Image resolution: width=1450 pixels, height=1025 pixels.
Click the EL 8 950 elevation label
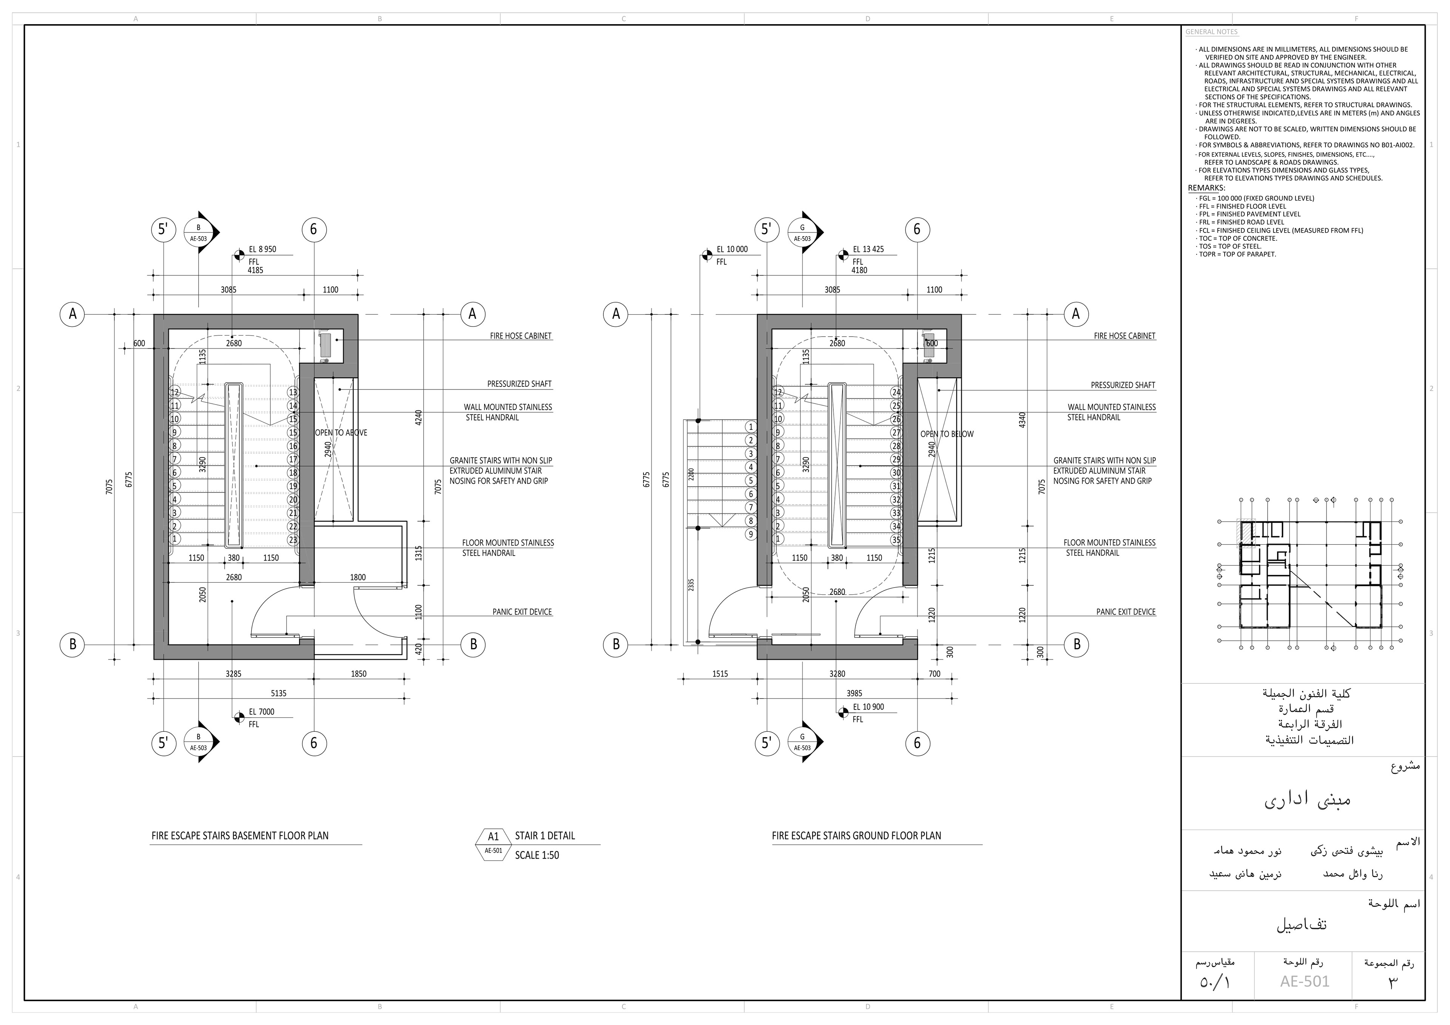coord(262,249)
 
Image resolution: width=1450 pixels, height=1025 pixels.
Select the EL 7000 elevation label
coord(261,712)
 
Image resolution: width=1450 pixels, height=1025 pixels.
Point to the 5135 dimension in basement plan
coord(279,693)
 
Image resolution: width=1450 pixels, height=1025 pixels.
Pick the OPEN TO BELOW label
coord(947,434)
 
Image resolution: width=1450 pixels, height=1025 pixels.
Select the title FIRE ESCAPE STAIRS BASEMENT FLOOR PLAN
coord(240,836)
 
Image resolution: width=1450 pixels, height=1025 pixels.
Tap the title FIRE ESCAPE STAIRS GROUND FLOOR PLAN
coord(856,836)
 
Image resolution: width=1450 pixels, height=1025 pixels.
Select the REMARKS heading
coord(1206,188)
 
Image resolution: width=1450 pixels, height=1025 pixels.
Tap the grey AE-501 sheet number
coord(1305,982)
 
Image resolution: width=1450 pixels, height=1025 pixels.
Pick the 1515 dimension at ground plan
coord(720,674)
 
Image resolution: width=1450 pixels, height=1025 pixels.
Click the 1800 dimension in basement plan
coord(358,577)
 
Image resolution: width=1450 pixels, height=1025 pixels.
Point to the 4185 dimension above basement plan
coord(255,270)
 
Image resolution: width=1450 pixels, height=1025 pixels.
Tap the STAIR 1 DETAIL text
coord(545,836)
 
